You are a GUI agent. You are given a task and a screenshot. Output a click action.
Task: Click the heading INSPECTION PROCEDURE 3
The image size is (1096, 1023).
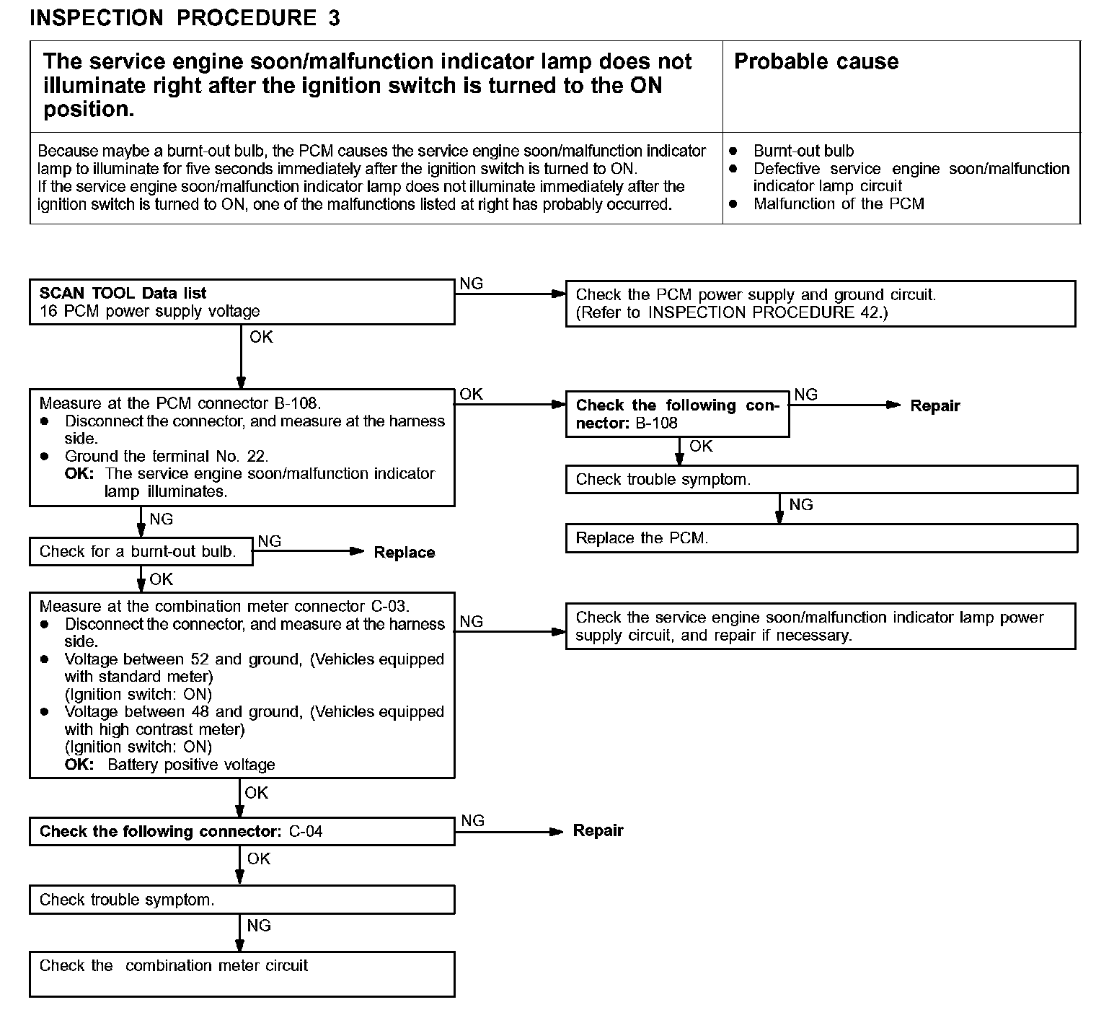(x=185, y=18)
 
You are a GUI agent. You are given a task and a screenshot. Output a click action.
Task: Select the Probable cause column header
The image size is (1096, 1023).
(x=816, y=61)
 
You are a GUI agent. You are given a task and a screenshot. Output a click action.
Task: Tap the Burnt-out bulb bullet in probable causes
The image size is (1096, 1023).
(x=803, y=151)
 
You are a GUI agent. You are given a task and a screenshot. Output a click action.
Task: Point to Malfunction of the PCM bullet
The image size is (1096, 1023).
(x=838, y=203)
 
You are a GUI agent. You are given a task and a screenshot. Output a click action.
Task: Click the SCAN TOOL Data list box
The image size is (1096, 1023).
(x=242, y=302)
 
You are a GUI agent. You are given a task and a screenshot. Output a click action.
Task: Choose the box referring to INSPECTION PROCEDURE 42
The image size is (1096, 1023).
(x=820, y=304)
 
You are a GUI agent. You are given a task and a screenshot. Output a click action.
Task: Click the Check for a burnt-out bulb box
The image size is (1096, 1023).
(x=141, y=552)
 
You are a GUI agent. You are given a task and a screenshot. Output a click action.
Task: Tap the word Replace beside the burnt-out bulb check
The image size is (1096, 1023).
(x=405, y=553)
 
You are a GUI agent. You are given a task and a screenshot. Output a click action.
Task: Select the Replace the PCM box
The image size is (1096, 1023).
(x=821, y=538)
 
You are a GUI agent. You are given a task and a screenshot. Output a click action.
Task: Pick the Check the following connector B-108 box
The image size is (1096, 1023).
(x=677, y=414)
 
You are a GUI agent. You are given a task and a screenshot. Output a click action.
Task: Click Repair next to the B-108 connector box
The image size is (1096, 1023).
(x=934, y=405)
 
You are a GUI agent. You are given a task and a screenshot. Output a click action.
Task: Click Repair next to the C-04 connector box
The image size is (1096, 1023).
(x=598, y=830)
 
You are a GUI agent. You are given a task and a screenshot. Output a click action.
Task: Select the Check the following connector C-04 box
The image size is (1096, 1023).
(x=242, y=831)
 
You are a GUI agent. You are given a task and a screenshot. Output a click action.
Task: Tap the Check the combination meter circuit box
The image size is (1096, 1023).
(x=242, y=974)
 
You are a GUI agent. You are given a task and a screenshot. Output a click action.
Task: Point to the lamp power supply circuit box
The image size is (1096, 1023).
(x=820, y=626)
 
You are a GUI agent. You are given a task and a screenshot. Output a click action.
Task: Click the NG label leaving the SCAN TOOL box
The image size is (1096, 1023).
(x=471, y=284)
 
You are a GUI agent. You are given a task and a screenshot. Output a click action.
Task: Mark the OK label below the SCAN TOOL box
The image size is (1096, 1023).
(x=261, y=337)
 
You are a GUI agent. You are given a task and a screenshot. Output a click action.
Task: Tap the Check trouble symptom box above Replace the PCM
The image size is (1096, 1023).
(x=821, y=480)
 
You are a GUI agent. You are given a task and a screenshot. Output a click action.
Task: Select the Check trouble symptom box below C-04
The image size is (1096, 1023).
(x=242, y=900)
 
